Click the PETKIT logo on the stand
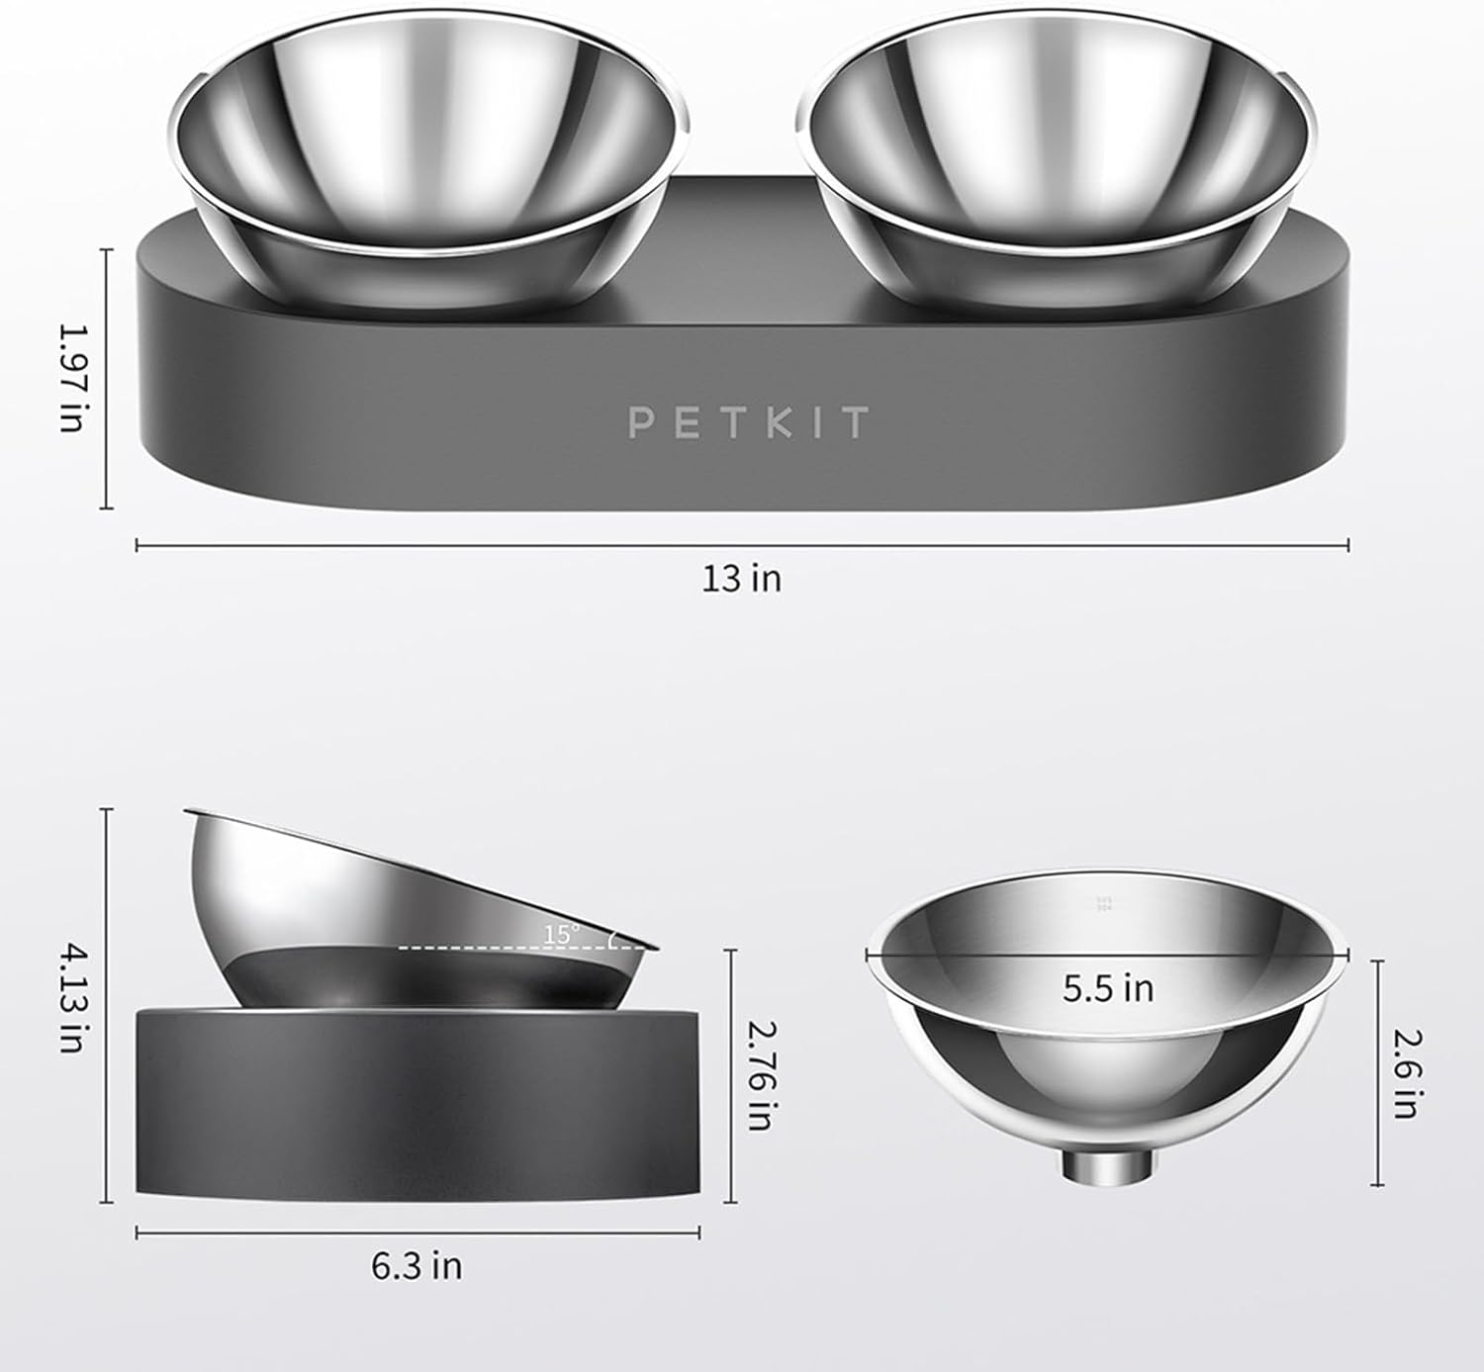click(x=748, y=422)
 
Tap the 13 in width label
click(x=741, y=578)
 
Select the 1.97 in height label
click(x=71, y=378)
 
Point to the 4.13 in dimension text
click(x=71, y=998)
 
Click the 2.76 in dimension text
click(x=759, y=1076)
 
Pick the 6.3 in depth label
click(x=417, y=1266)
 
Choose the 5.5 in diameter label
click(x=1108, y=988)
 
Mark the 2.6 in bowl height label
click(x=1405, y=1073)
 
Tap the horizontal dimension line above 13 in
click(x=742, y=544)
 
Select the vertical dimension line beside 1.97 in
click(x=107, y=378)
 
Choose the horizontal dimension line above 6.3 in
click(x=417, y=1233)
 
